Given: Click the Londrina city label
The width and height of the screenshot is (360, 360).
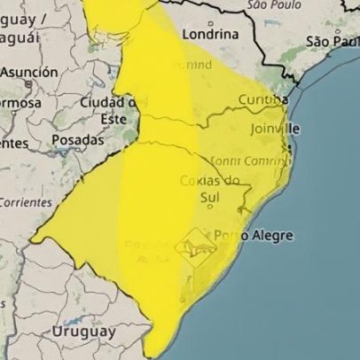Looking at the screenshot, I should click(x=210, y=34).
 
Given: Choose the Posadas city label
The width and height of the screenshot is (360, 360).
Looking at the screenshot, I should click(x=77, y=139).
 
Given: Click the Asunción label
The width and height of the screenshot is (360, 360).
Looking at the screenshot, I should click(x=28, y=72).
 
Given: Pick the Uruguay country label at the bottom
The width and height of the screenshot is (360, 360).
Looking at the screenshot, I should click(x=83, y=331).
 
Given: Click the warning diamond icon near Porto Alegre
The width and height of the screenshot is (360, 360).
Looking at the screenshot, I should click(x=196, y=245).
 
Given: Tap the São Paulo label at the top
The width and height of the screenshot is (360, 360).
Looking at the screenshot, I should click(x=270, y=5).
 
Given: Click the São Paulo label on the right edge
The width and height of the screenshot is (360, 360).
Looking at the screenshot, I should click(x=333, y=41).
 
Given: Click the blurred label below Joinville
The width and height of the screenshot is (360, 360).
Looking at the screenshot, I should click(x=252, y=161).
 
